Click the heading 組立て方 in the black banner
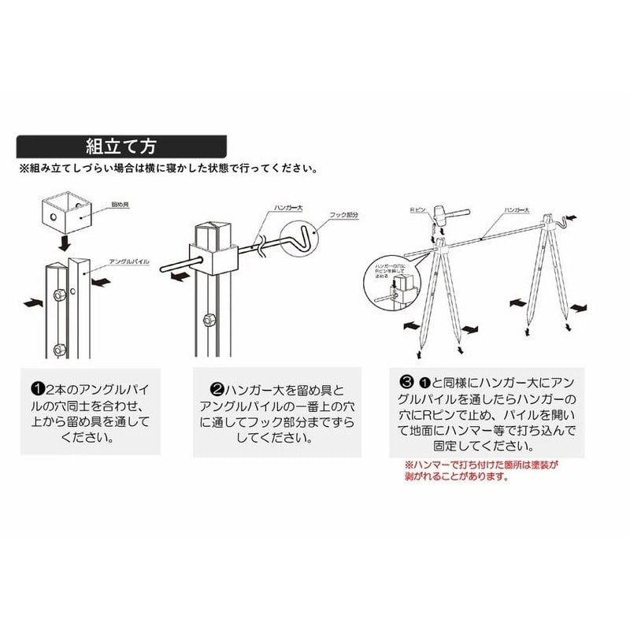tap(121, 146)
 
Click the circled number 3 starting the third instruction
tap(407, 383)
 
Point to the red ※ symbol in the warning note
tap(407, 465)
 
